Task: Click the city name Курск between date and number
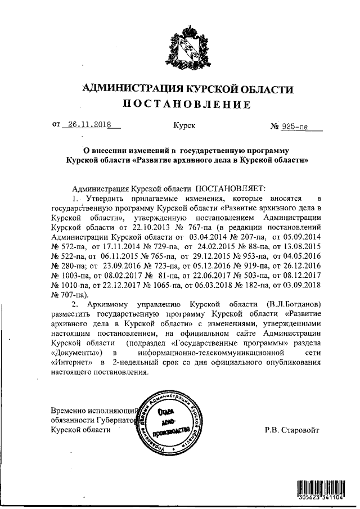(x=184, y=127)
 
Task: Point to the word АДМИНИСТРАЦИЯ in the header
(x=132, y=89)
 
